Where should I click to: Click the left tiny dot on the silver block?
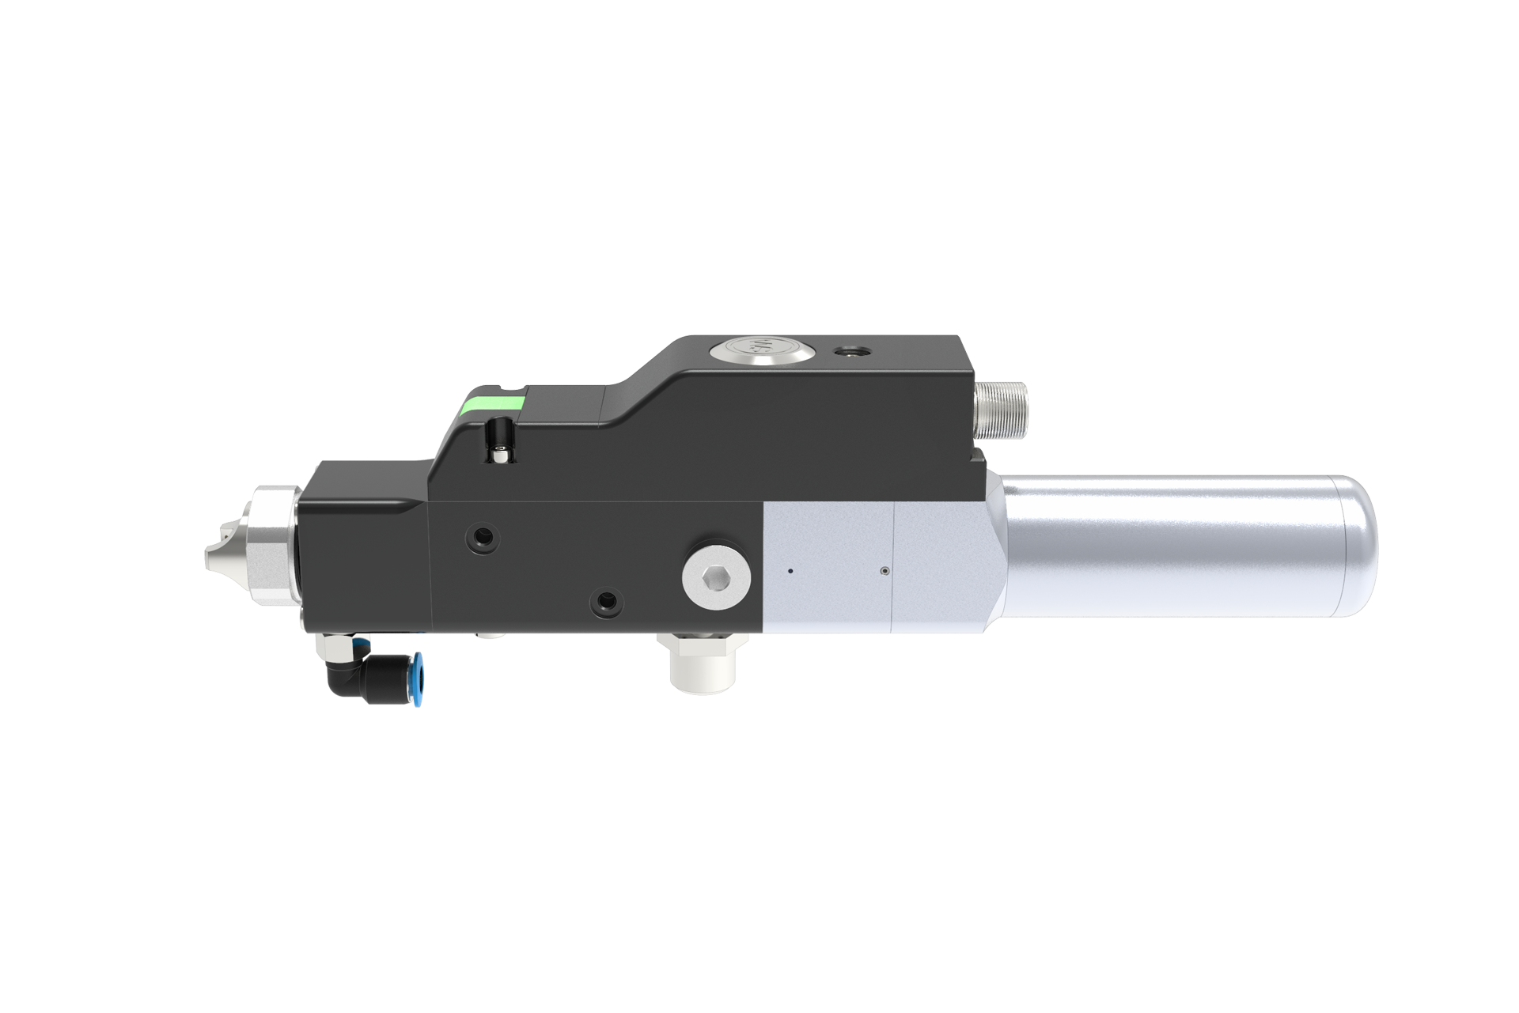[789, 569]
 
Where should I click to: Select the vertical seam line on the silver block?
[892, 569]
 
